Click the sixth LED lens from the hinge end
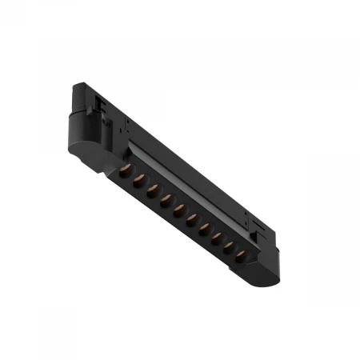click(190, 219)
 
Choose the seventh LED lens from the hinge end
click(202, 228)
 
